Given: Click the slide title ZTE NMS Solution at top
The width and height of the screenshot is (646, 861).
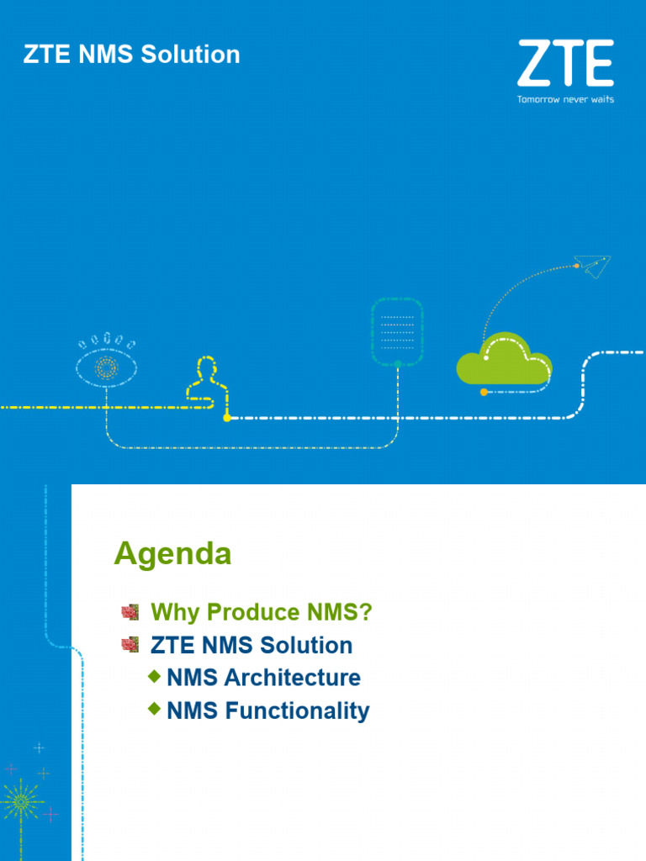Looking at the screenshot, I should coord(131,55).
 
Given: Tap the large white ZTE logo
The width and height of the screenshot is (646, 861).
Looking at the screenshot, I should coord(564,62).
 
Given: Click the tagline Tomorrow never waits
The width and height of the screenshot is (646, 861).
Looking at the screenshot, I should coord(564,99).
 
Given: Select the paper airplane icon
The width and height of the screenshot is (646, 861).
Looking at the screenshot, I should coord(594,267).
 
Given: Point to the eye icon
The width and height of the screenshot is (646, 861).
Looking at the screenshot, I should coord(106,365).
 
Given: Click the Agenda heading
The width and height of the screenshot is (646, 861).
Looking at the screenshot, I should coord(172,554).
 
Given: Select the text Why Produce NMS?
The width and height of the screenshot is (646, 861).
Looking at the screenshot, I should coord(261,613).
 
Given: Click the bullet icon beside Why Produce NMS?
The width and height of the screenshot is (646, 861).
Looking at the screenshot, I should coord(130,612).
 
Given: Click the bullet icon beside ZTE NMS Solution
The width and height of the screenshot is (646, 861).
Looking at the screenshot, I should coord(130,645).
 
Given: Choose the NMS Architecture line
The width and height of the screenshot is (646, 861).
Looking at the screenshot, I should coord(263,678).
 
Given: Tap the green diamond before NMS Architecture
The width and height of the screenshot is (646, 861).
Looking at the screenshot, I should coord(154,676).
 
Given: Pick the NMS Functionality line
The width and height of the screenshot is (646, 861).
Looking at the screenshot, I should coord(267,710).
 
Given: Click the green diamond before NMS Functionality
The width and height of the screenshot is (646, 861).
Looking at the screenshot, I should coord(154,709).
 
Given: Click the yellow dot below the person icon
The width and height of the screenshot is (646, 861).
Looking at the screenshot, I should coord(227,417).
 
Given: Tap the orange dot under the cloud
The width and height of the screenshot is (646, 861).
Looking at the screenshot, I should coord(484,392).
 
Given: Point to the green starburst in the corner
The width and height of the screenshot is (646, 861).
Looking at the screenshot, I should coord(21,802).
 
